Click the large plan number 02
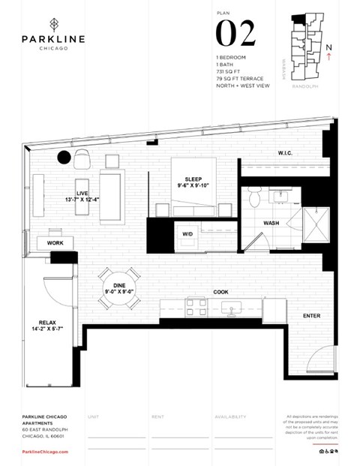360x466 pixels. coord(235,33)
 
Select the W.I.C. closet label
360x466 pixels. coord(285,153)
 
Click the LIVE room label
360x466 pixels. coord(82,194)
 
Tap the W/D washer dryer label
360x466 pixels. coord(187,233)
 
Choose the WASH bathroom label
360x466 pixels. coord(272,224)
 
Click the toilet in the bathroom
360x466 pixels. coord(254,198)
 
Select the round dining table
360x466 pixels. coord(121,287)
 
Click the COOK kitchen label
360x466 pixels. coord(220,292)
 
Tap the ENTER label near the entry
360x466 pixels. coord(311,316)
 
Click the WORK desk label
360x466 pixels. coord(55,243)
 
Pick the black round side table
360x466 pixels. coord(64,157)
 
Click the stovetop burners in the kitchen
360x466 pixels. coord(196,306)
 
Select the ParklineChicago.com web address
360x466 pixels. coord(46,452)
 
